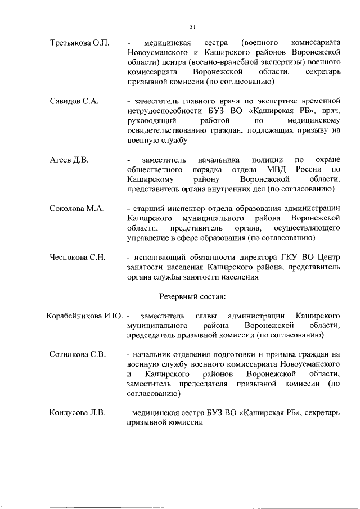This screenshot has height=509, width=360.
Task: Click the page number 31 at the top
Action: pyautogui.click(x=192, y=26)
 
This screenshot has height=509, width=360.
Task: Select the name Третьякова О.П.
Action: pyautogui.click(x=79, y=43)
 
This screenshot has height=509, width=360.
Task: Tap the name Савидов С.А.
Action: pyautogui.click(x=74, y=101)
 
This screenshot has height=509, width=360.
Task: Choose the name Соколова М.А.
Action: pyautogui.click(x=76, y=209)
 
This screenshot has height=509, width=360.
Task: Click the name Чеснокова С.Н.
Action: pyautogui.click(x=78, y=258)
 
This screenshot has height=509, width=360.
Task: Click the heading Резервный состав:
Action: pyautogui.click(x=192, y=296)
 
